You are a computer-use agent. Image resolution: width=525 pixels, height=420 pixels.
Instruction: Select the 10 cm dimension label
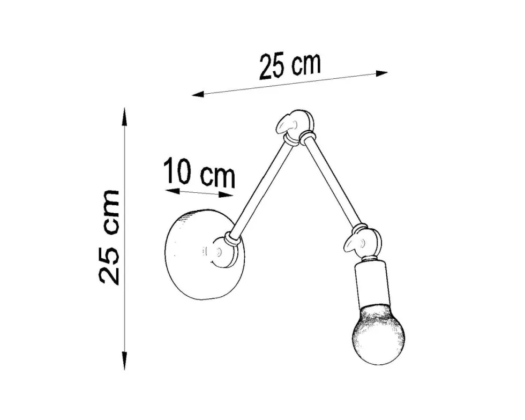pyautogui.click(x=200, y=173)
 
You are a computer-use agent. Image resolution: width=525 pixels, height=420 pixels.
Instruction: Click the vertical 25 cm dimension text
pyautogui.click(x=109, y=237)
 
